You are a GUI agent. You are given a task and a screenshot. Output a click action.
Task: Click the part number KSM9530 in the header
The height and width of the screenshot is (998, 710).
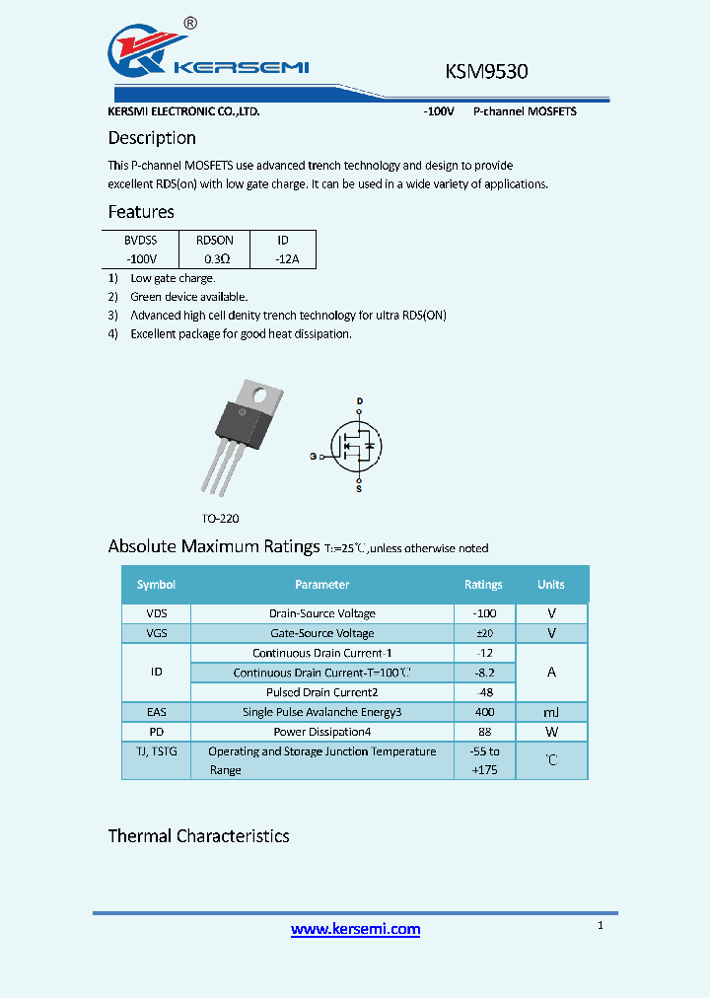click(486, 72)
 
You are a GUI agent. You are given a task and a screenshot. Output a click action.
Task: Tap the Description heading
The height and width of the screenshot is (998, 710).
click(152, 138)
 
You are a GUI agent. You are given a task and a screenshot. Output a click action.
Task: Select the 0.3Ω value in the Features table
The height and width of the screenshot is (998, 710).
click(216, 259)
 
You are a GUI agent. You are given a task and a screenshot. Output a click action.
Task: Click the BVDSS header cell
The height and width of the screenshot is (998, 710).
click(140, 240)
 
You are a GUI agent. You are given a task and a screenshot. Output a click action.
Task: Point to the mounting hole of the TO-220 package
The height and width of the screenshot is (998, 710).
click(262, 395)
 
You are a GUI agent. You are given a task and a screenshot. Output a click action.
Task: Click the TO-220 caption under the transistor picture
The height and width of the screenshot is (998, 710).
click(220, 518)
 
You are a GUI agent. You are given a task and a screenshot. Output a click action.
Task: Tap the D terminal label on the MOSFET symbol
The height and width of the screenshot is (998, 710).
click(360, 401)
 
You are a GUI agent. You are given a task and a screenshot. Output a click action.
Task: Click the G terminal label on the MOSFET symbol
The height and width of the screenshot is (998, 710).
click(313, 457)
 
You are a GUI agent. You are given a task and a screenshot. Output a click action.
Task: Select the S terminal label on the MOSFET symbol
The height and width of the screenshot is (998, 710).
click(358, 488)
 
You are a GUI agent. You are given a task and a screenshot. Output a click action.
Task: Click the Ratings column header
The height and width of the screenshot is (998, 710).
click(483, 585)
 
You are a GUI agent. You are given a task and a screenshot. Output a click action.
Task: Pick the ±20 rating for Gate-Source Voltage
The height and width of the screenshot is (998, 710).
click(483, 633)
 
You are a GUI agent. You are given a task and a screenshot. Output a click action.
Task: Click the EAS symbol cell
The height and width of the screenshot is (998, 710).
click(156, 712)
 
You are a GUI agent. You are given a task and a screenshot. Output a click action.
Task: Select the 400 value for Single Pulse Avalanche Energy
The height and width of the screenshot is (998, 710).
click(483, 712)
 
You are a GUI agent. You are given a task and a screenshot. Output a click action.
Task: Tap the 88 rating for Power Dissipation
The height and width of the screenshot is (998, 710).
click(483, 732)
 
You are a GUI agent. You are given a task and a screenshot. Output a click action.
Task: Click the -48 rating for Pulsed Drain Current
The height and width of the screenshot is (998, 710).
click(483, 692)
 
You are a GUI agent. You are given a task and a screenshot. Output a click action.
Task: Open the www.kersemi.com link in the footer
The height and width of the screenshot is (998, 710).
click(355, 929)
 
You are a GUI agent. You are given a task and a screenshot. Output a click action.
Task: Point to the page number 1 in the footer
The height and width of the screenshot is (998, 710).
click(601, 925)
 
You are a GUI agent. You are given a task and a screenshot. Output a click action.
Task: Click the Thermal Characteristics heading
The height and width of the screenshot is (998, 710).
click(198, 836)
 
